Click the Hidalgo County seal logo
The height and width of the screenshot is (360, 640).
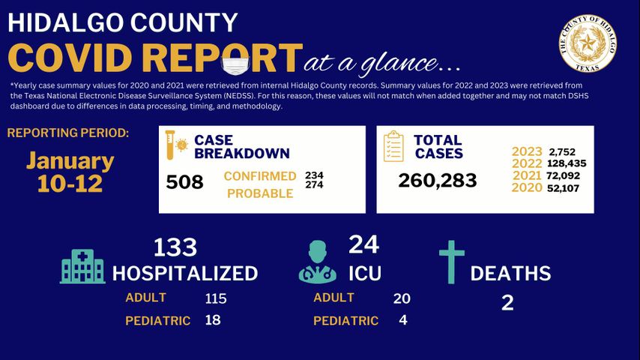pyautogui.click(x=588, y=44)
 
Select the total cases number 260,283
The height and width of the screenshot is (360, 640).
pyautogui.click(x=438, y=180)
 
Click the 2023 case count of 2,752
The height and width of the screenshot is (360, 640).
pyautogui.click(x=561, y=151)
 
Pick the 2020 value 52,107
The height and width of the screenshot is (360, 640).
pyautogui.click(x=559, y=187)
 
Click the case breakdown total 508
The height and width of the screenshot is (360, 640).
pyautogui.click(x=184, y=181)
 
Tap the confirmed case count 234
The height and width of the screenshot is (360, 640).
pyautogui.click(x=314, y=175)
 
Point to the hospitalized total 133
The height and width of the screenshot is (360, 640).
pyautogui.click(x=175, y=247)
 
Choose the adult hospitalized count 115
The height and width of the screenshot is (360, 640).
pyautogui.click(x=216, y=298)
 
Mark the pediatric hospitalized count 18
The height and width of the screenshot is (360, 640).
pyautogui.click(x=214, y=319)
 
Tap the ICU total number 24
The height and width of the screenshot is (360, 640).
pyautogui.click(x=363, y=244)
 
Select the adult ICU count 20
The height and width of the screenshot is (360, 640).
pyautogui.click(x=402, y=298)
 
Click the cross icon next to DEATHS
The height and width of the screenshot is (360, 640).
pyautogui.click(x=452, y=262)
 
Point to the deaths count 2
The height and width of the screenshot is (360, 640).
pyautogui.click(x=507, y=302)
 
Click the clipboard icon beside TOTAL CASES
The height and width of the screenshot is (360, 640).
pyautogui.click(x=393, y=145)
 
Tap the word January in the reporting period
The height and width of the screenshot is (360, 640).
pyautogui.click(x=70, y=160)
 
